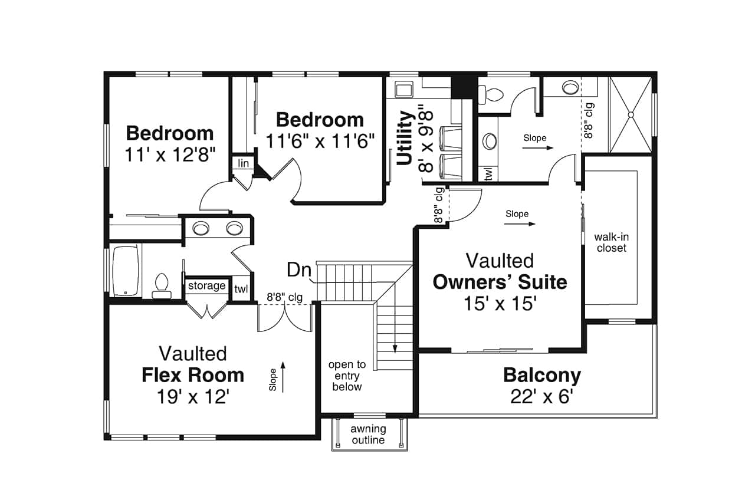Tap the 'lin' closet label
[x=242, y=163]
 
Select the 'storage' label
[x=206, y=286]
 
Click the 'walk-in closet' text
[x=611, y=242]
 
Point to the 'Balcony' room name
[x=541, y=375]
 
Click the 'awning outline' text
[x=368, y=434]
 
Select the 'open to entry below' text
[x=347, y=376]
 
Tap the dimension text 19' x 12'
[x=193, y=397]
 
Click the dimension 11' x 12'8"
[x=169, y=154]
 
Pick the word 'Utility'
[x=405, y=138]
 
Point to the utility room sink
[x=403, y=90]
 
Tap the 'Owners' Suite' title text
[x=500, y=282]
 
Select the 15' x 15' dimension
[x=500, y=303]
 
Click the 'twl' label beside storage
[x=241, y=289]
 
